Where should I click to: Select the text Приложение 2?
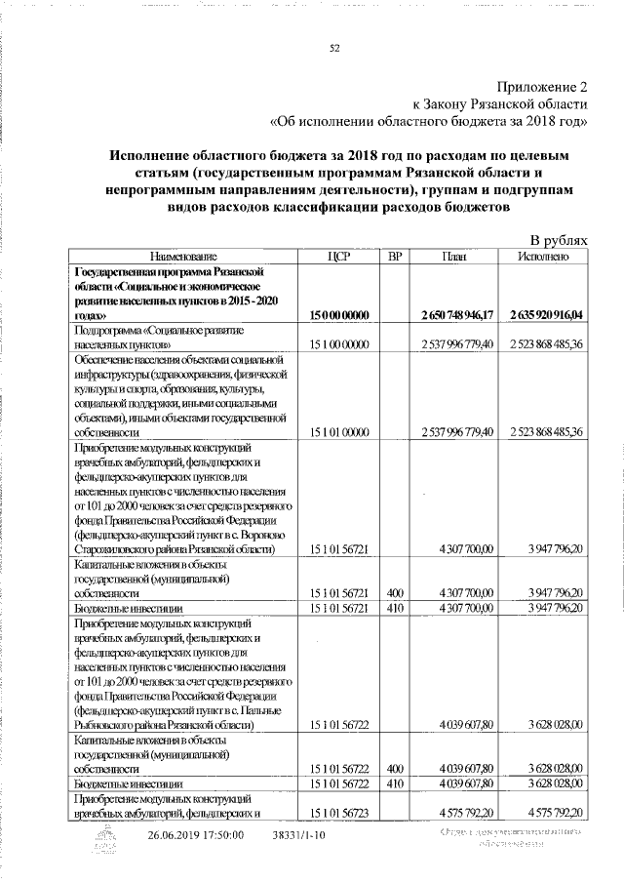541,86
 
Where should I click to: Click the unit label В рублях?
559,240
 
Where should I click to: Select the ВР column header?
394,256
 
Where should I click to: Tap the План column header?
451,256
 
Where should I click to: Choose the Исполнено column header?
541,256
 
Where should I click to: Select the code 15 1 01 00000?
338,430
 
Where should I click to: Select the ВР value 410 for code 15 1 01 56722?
394,783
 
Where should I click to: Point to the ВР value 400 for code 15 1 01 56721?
394,592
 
